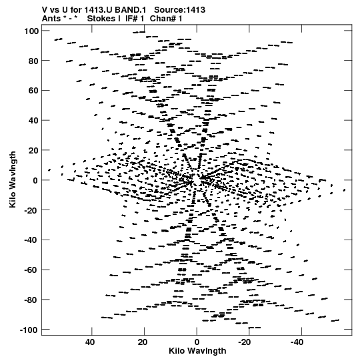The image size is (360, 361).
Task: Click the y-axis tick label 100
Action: point(31,31)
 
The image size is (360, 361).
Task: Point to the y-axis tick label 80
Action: point(33,61)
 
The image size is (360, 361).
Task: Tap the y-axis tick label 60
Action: point(33,91)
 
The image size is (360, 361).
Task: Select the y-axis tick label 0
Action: point(35,180)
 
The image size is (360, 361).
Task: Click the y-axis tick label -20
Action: point(31,210)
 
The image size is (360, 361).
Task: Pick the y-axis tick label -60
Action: point(31,270)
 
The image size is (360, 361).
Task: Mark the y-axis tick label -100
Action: point(29,330)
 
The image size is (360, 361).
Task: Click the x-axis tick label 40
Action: point(90,342)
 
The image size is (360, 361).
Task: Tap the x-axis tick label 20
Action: point(143,342)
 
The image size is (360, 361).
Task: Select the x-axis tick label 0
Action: point(197,342)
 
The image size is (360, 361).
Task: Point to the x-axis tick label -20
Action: point(244,342)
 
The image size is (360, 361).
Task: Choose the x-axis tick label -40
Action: point(297,342)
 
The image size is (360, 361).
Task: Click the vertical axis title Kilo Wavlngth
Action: point(13,179)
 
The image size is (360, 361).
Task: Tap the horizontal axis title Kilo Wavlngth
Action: point(197,351)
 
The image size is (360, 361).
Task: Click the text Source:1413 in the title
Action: point(179,9)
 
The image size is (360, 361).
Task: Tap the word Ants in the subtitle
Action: point(51,18)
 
